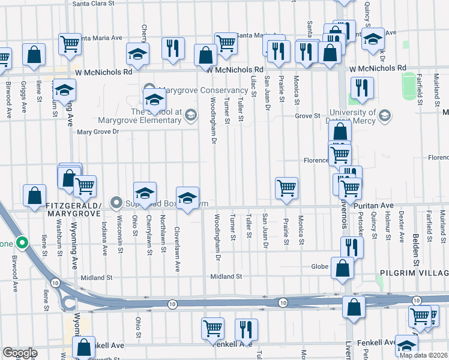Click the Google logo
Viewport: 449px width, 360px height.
pos(20,353)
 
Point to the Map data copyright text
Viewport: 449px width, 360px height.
pos(423,355)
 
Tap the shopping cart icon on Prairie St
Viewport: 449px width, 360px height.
pos(287,188)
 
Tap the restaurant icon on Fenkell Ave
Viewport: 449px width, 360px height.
pos(246,329)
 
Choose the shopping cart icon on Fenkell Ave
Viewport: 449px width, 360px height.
pos(213,329)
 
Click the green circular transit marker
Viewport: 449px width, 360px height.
pos(22,244)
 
